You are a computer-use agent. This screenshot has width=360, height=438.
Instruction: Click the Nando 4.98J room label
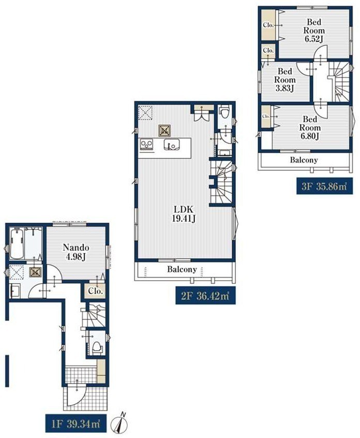tap(76, 252)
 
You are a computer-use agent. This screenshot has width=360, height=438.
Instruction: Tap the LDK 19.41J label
tap(183, 214)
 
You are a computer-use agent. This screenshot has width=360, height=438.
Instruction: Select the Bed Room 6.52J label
tap(314, 30)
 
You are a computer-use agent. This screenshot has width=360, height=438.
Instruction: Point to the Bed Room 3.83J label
tap(284, 80)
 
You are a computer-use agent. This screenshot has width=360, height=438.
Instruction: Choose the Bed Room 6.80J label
tap(310, 128)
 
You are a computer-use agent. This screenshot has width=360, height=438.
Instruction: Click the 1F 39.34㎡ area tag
tap(76, 424)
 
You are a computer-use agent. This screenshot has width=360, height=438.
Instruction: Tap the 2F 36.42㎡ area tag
tap(205, 296)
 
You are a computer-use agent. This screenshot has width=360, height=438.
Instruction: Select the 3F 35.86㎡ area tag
tap(324, 186)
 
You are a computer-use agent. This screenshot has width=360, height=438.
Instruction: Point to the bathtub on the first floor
tap(17, 243)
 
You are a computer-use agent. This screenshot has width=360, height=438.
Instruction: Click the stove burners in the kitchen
tap(146, 144)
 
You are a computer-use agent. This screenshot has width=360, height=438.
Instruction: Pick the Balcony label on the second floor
tap(182, 269)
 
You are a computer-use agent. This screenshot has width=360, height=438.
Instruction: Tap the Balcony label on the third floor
tap(304, 160)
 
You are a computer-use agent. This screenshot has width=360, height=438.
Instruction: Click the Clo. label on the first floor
tap(96, 291)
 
